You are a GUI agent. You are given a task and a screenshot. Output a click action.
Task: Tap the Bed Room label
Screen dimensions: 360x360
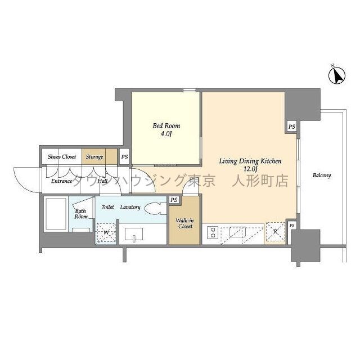[x=167, y=126]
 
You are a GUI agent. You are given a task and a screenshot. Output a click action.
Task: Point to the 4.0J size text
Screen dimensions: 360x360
[x=167, y=134]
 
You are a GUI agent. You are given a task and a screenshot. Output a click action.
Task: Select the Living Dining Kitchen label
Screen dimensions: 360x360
[x=250, y=161]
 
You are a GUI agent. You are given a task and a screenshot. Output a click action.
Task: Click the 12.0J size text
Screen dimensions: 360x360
[x=250, y=169]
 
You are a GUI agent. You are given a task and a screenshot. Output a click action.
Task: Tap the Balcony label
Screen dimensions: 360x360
[x=322, y=175]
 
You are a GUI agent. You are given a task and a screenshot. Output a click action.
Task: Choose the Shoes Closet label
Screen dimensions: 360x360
[x=62, y=157]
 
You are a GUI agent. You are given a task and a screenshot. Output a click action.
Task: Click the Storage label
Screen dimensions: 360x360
[x=94, y=157]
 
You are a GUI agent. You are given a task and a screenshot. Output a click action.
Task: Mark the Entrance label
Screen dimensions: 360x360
[x=62, y=181]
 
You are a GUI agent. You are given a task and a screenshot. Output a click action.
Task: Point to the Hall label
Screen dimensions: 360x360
[x=103, y=181]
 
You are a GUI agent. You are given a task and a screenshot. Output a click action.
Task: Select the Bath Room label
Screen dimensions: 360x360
[x=82, y=214]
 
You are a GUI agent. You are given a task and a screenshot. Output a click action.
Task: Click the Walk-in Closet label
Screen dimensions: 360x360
[x=184, y=223]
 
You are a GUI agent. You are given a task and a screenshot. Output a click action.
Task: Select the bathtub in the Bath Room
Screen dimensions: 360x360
[x=57, y=214]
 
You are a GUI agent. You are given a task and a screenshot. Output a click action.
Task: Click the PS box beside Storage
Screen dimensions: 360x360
[x=124, y=157]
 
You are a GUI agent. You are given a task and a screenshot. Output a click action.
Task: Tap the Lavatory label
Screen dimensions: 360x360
[x=129, y=208]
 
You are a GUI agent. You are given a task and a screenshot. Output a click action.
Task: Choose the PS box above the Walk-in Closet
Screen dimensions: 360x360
[x=174, y=200]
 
